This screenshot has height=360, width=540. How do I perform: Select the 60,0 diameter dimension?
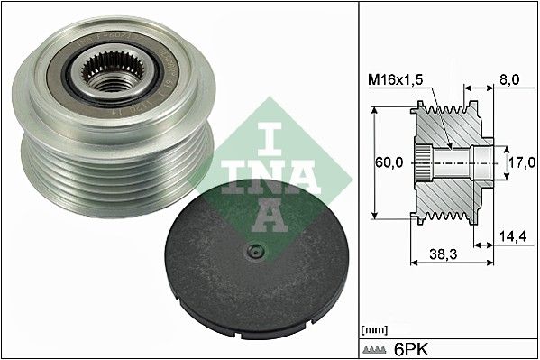(389, 163)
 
